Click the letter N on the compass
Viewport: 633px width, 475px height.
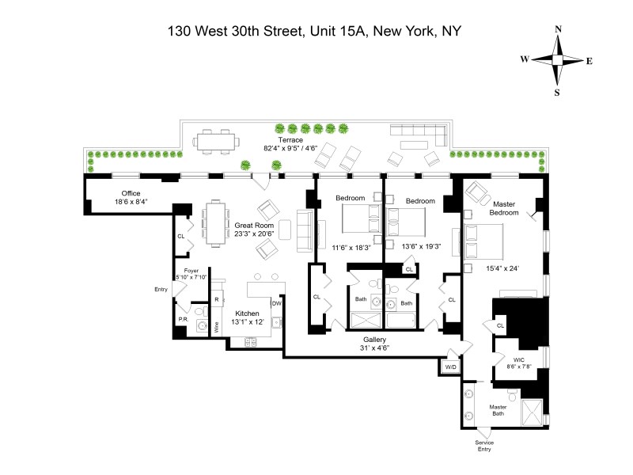(559, 30)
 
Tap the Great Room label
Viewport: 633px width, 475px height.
(253, 225)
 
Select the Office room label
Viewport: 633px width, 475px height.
(131, 193)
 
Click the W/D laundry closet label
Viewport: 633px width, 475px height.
(451, 368)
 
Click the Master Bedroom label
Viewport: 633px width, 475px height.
(499, 207)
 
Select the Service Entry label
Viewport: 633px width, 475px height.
(484, 446)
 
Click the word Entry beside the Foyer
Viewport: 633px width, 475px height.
(161, 289)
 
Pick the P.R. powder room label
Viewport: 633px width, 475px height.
(182, 319)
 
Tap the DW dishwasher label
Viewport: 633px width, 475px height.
(277, 303)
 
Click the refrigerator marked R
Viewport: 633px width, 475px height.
(216, 299)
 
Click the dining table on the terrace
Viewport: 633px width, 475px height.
(217, 142)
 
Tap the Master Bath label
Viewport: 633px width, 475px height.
(498, 411)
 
